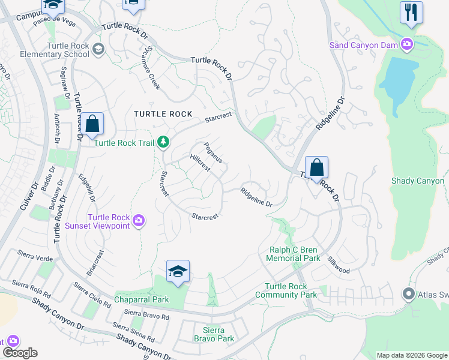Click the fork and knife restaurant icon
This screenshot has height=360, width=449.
pyautogui.click(x=411, y=13)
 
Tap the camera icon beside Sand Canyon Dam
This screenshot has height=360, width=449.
pyautogui.click(x=408, y=44)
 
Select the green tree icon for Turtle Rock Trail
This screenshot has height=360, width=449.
pyautogui.click(x=163, y=142)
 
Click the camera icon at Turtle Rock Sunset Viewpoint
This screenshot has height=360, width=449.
pyautogui.click(x=139, y=221)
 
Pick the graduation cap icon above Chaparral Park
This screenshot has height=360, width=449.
pyautogui.click(x=178, y=272)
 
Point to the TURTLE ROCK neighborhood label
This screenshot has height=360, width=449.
pyautogui.click(x=163, y=114)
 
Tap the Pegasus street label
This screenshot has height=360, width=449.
pyautogui.click(x=213, y=152)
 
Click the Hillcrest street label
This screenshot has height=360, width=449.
pyautogui.click(x=199, y=163)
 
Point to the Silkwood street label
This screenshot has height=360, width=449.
pyautogui.click(x=338, y=265)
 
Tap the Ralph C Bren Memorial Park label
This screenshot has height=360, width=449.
pyautogui.click(x=294, y=254)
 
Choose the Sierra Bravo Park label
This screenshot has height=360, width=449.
pyautogui.click(x=217, y=334)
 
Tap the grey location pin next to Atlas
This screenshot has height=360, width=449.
pyautogui.click(x=409, y=294)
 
